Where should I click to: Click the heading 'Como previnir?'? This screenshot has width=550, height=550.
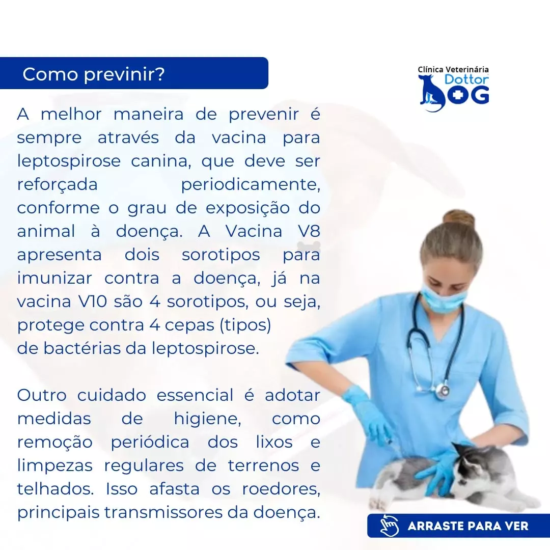click(x=93, y=74)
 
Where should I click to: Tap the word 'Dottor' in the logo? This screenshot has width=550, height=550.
click(x=466, y=79)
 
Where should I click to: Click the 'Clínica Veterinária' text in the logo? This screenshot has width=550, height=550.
click(x=453, y=69)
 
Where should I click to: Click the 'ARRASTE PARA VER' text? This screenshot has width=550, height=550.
click(x=468, y=526)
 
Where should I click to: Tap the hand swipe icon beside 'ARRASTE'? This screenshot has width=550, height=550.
click(x=390, y=526)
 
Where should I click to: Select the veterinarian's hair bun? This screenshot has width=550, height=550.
click(x=459, y=218)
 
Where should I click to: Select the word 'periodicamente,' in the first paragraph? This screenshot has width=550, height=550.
click(x=251, y=185)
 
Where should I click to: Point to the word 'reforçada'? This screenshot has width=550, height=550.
click(x=57, y=185)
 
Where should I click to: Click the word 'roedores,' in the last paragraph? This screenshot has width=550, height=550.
click(x=281, y=489)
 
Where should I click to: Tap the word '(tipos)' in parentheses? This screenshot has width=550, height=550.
click(x=245, y=325)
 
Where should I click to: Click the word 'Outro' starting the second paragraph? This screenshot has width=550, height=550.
click(x=42, y=395)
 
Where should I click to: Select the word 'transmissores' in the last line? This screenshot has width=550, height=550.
click(x=166, y=512)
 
